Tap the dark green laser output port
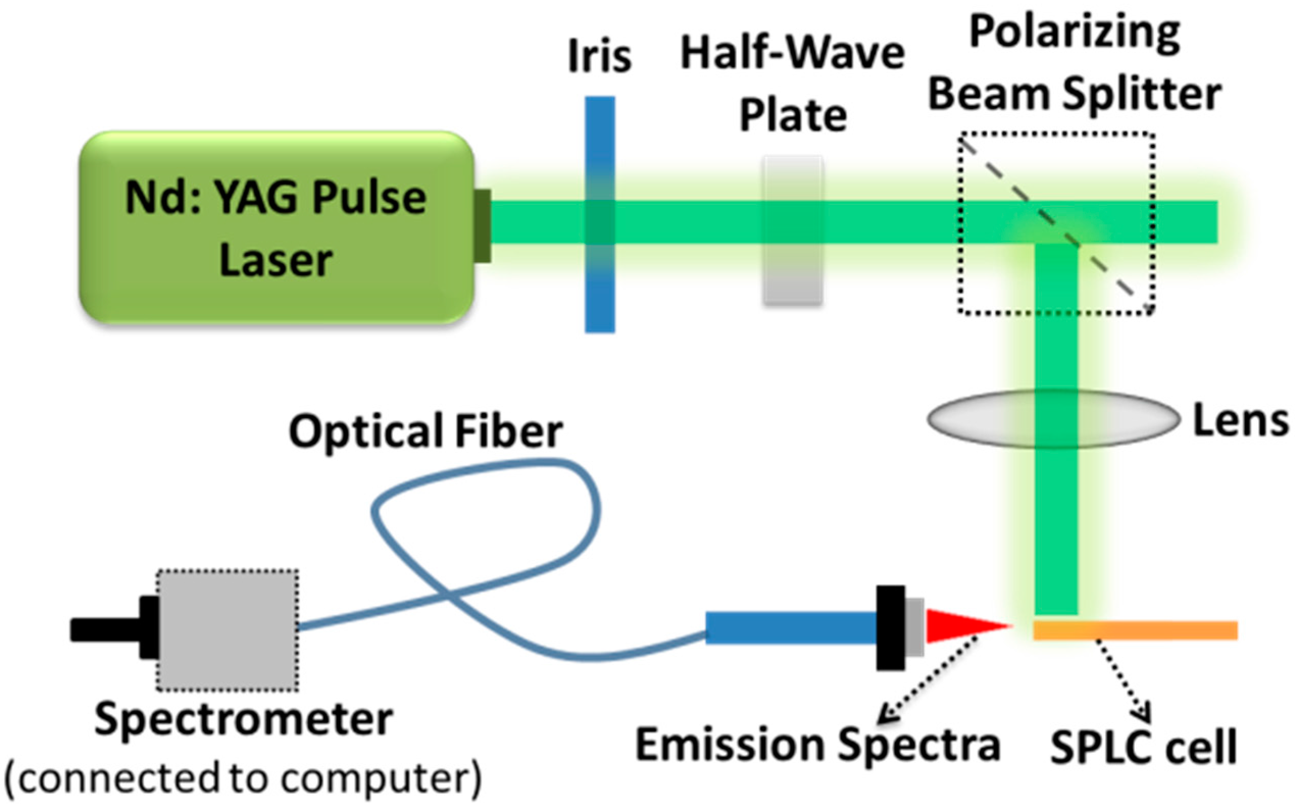pos(482,226)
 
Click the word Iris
pos(600,56)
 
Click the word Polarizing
pos(1074,32)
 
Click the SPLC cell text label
pos(1143,747)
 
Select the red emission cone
pos(956,626)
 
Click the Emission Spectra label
pos(818,745)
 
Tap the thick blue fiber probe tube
pos(790,628)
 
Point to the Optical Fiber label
pos(425,431)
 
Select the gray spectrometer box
pos(227,630)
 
